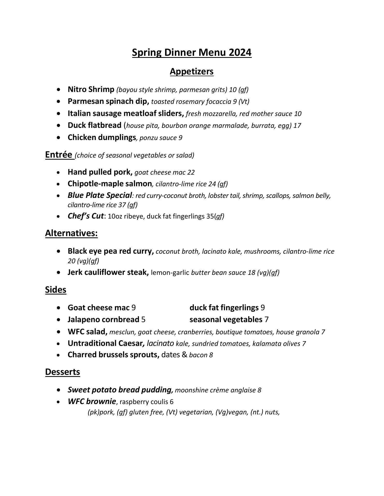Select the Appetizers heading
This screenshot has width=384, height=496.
click(x=191, y=71)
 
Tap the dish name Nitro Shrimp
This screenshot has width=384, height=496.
click(x=91, y=89)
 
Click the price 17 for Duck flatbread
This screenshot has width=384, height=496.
click(x=297, y=126)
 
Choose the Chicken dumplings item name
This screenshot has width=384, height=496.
click(x=102, y=137)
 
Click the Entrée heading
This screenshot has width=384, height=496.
click(x=58, y=154)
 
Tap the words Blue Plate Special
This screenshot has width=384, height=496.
click(x=100, y=195)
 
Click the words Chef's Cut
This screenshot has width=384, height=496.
click(x=86, y=216)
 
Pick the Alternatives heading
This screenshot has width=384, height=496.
click(x=71, y=233)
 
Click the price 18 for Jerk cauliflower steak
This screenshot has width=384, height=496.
click(x=251, y=273)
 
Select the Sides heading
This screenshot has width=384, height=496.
click(x=56, y=290)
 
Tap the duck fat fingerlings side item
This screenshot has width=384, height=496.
click(x=224, y=308)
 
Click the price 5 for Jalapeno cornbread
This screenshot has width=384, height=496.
click(x=143, y=320)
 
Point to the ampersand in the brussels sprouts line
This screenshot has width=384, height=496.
click(x=184, y=355)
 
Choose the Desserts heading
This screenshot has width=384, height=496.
click(x=63, y=372)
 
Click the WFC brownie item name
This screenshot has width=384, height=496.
click(x=92, y=401)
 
